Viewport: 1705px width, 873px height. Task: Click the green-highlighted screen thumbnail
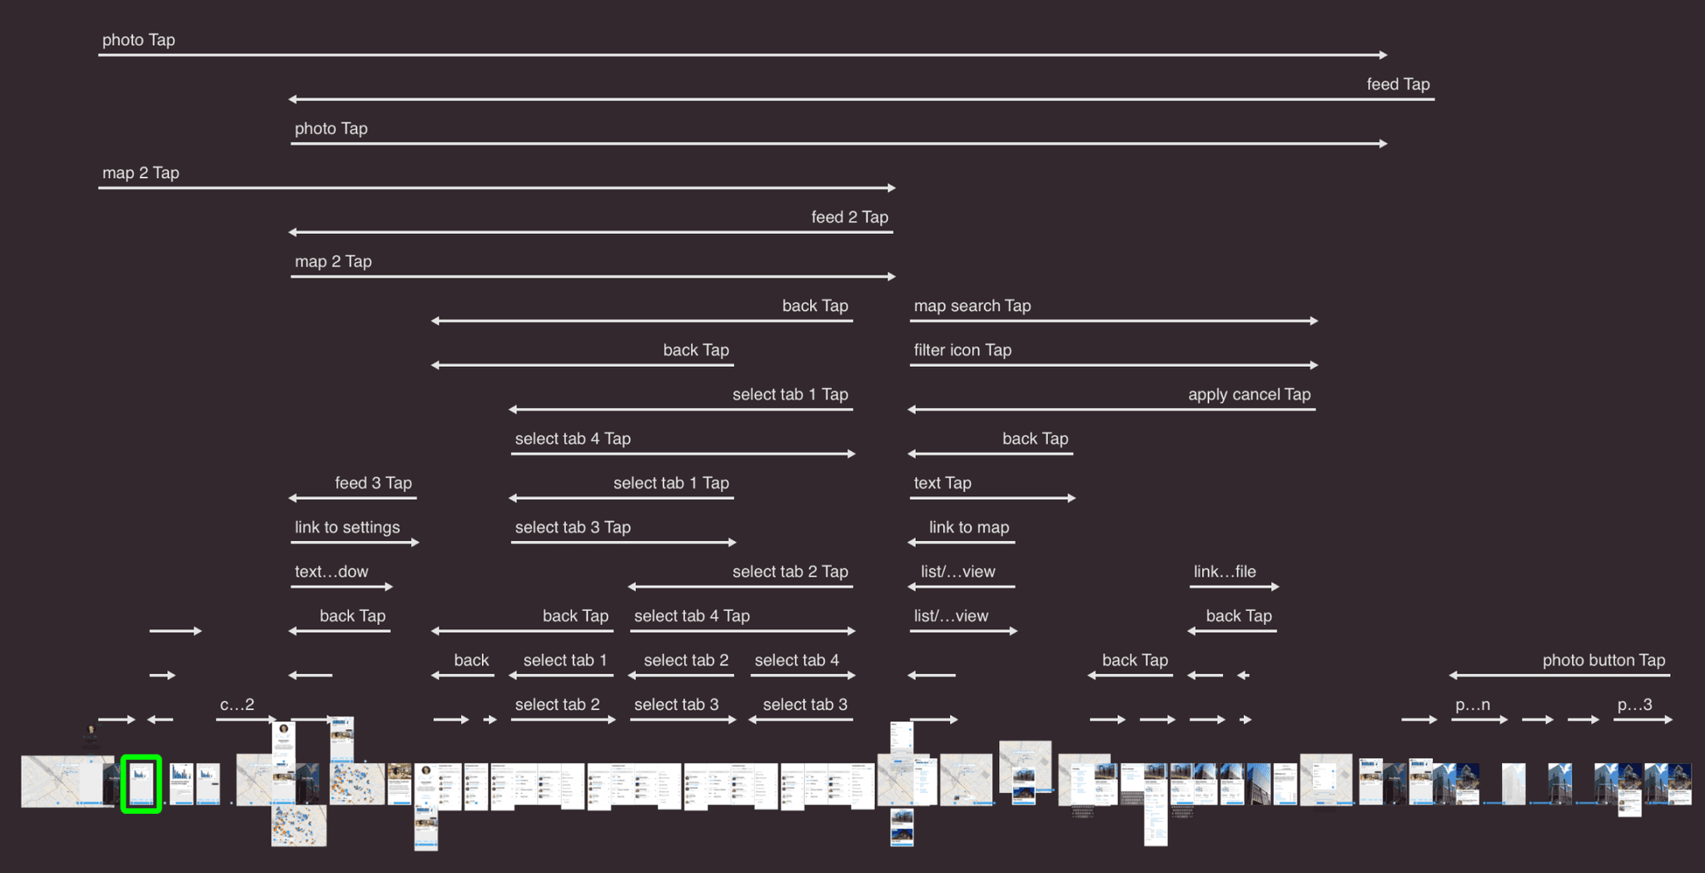[141, 783]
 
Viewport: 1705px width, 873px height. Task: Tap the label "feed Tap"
[1398, 84]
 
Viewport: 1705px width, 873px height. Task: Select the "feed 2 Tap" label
[849, 217]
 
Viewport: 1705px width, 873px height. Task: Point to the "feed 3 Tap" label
[373, 483]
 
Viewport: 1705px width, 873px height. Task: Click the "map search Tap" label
[972, 305]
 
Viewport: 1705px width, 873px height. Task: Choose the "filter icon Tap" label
[962, 350]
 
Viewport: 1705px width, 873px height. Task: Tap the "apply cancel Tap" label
[1249, 394]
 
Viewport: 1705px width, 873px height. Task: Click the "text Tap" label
[942, 483]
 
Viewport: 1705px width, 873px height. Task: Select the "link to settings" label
[347, 528]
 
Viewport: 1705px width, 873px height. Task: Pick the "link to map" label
[968, 528]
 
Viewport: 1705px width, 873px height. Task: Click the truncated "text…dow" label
[331, 572]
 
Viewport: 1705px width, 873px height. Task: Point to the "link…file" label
[1224, 572]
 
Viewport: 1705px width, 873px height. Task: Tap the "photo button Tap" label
[1603, 660]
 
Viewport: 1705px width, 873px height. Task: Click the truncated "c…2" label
[236, 705]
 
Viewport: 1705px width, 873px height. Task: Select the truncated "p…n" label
[1472, 705]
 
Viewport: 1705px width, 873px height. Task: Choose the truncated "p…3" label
[1634, 705]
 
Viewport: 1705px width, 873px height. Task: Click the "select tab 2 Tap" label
[790, 572]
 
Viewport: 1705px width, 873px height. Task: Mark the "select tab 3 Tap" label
[573, 528]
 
